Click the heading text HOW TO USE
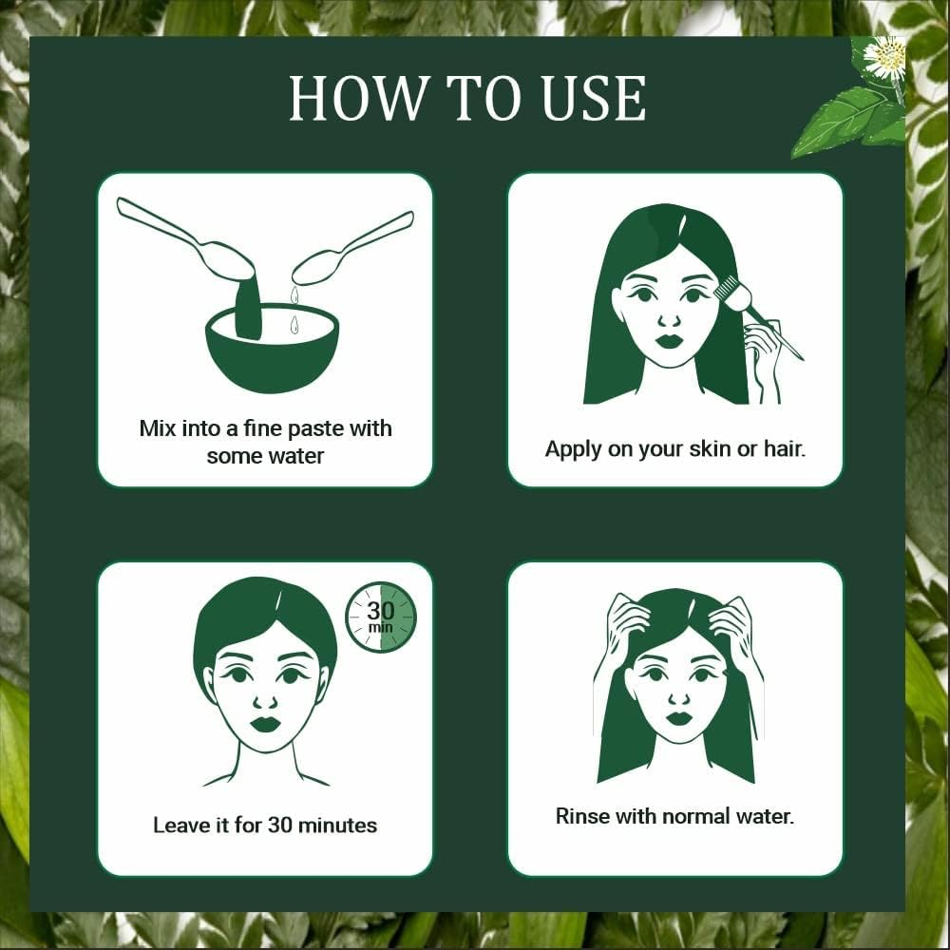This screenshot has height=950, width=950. pyautogui.click(x=467, y=98)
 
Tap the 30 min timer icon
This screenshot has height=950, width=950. pyautogui.click(x=380, y=617)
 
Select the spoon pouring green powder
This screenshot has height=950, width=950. pyautogui.click(x=190, y=239)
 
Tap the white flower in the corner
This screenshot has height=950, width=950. pyautogui.click(x=885, y=59)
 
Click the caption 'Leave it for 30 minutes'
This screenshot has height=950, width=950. pyautogui.click(x=265, y=825)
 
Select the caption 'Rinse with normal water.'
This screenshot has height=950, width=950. pyautogui.click(x=674, y=815)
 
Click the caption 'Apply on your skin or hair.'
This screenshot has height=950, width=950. pyautogui.click(x=674, y=448)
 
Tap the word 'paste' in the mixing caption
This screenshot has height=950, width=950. pyautogui.click(x=313, y=428)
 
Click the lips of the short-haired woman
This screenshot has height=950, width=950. pyautogui.click(x=265, y=724)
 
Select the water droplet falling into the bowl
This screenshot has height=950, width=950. pyautogui.click(x=294, y=325)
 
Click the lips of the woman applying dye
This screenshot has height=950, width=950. pyautogui.click(x=669, y=340)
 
